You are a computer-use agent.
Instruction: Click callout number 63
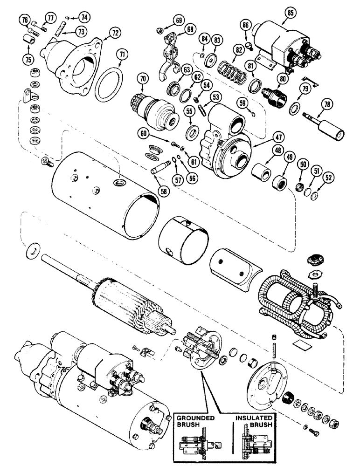click(x=186, y=70)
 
